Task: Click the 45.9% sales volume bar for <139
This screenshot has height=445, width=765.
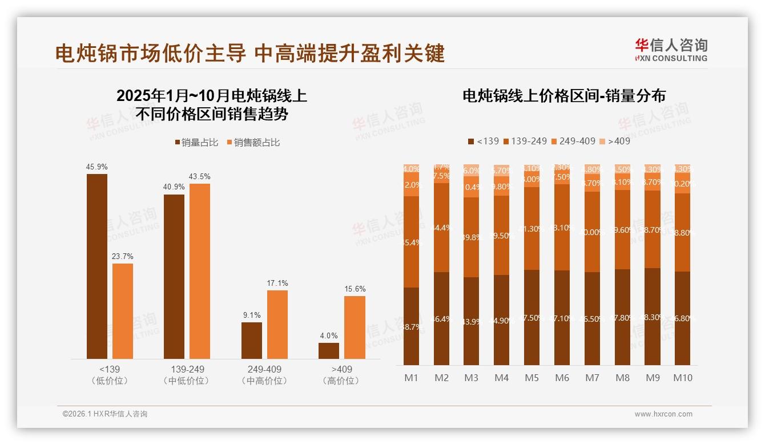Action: point(97,266)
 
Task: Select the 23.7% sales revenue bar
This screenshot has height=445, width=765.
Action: point(123,311)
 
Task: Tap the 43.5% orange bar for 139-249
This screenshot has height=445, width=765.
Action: point(200,271)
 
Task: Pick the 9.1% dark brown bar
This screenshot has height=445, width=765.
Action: point(252,341)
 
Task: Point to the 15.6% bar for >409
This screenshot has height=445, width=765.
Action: point(355,327)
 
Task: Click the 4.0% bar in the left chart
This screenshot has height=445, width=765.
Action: point(329,350)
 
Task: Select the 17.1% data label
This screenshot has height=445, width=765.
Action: point(277,283)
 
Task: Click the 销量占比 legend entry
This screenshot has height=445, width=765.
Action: point(196,143)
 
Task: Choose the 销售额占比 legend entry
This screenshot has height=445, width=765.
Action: point(253,143)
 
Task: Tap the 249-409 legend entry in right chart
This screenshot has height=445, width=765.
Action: point(573,141)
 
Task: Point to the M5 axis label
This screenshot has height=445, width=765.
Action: point(532,378)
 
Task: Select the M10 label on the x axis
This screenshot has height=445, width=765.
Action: point(682,378)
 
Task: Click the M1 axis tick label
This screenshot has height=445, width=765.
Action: point(411,378)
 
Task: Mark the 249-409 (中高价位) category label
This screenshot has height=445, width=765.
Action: point(264,375)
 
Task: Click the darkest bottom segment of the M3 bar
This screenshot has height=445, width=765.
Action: point(472,321)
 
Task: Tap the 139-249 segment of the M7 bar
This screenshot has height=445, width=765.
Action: point(592,232)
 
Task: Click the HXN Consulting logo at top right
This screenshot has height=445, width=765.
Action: point(671,50)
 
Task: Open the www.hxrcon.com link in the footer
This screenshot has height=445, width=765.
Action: point(663,414)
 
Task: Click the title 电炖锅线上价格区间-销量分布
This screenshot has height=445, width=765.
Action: point(563,96)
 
